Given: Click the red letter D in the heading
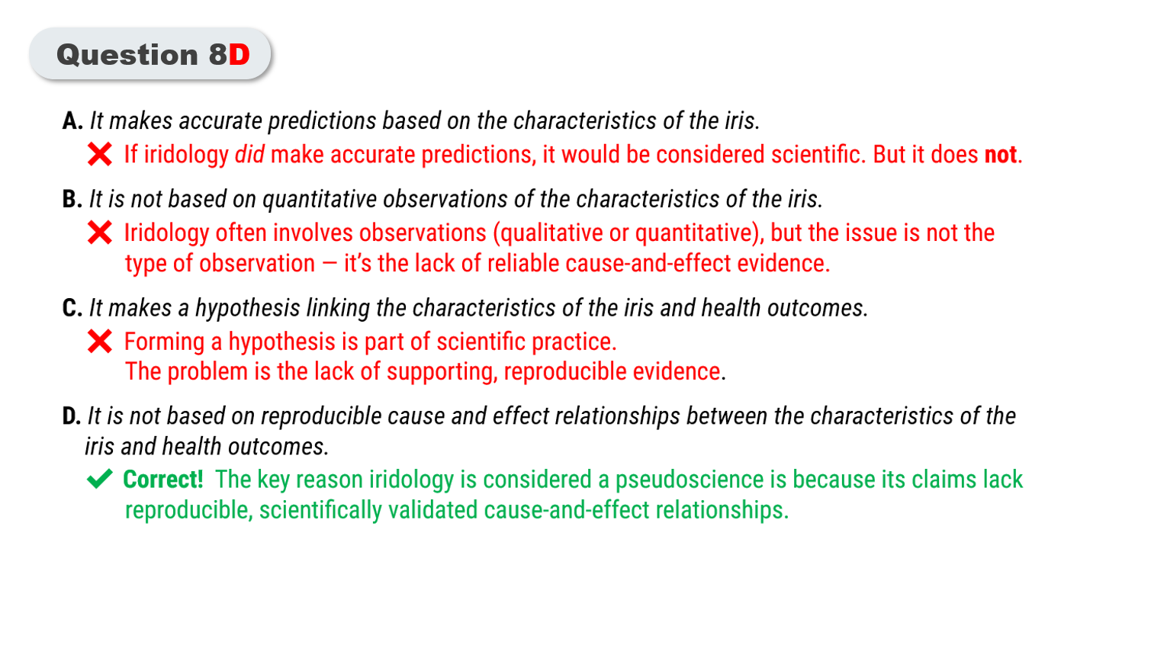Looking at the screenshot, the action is click(240, 54).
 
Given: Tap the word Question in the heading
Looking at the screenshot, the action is click(127, 55).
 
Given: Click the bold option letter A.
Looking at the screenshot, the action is click(72, 120).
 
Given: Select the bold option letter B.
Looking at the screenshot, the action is click(72, 199).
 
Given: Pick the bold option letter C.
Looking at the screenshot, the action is click(72, 308).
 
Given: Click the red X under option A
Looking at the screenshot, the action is click(99, 154).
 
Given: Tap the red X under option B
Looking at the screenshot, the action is click(99, 233).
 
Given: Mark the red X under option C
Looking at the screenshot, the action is click(99, 342).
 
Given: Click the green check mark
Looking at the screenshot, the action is click(99, 479).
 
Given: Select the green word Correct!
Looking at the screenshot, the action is click(162, 480).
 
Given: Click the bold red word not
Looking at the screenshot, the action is click(1000, 155).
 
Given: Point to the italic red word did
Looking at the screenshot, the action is click(249, 155).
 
